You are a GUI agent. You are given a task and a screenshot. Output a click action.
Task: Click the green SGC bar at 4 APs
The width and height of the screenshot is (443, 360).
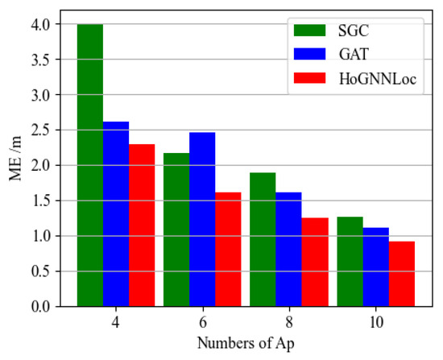[x=89, y=165]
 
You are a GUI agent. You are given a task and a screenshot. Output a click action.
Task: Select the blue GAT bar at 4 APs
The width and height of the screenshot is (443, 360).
[x=115, y=214]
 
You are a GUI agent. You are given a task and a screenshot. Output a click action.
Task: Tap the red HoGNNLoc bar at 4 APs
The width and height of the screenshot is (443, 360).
[x=142, y=226]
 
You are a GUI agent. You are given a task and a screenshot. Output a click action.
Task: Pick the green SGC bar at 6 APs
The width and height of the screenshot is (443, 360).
[x=176, y=230]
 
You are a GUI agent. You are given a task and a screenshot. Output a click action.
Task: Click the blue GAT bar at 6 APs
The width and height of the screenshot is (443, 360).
[x=202, y=219]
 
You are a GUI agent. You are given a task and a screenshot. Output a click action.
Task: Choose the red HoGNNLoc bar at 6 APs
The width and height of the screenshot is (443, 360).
[x=228, y=250]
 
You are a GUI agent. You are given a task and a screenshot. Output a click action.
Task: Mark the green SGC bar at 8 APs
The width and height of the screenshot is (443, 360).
[x=263, y=239]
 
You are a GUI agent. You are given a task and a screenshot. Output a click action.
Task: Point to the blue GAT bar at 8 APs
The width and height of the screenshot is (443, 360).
[x=289, y=250]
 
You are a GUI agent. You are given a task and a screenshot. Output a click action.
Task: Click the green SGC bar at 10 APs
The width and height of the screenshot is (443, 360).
[x=350, y=262]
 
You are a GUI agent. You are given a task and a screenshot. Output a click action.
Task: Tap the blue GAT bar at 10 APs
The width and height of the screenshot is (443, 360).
[x=376, y=267]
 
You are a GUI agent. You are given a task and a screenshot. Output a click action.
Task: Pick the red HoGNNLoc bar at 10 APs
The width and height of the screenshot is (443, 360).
[x=402, y=274]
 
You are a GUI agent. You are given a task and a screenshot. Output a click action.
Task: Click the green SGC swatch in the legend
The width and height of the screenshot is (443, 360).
[x=308, y=33]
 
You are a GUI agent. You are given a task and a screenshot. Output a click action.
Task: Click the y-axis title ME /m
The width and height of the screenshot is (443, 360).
[x=16, y=165]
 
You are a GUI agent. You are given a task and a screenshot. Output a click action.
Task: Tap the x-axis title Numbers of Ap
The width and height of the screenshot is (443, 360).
[x=246, y=344]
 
